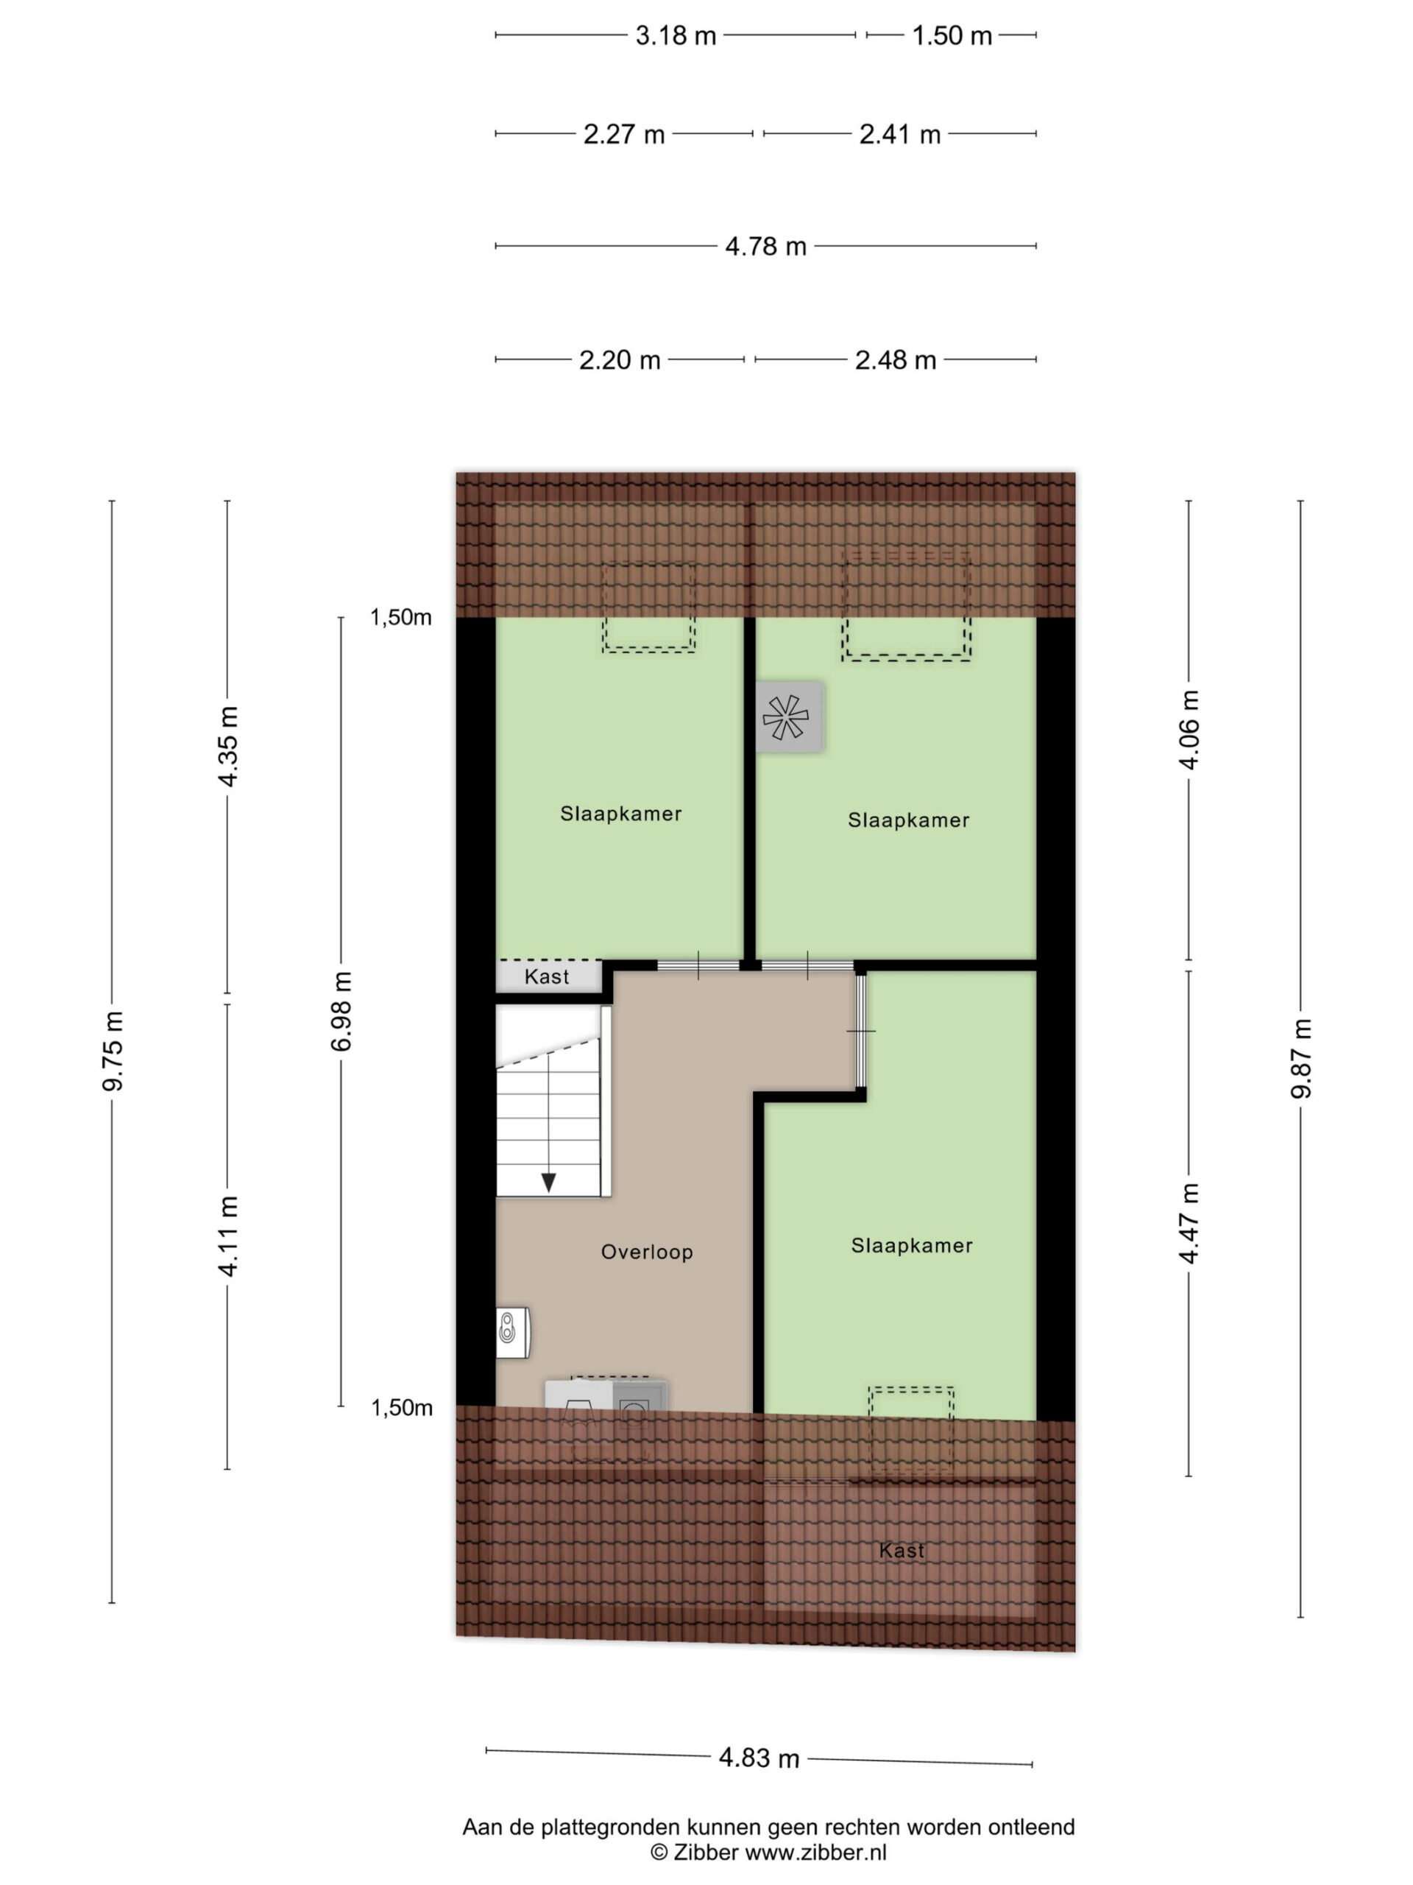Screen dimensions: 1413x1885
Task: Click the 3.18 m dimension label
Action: click(x=675, y=36)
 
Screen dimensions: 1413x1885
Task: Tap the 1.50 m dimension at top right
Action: click(x=952, y=36)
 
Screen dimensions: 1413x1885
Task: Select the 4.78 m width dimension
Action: click(x=765, y=246)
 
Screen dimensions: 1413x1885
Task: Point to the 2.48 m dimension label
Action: click(x=895, y=359)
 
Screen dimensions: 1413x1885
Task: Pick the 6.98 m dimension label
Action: click(x=341, y=1011)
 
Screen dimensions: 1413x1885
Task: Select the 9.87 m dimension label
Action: click(x=1300, y=1057)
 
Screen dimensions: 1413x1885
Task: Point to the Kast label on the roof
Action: click(x=901, y=1550)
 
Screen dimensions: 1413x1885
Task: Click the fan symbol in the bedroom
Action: click(x=789, y=716)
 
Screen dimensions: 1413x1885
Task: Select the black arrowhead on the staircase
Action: click(x=548, y=1182)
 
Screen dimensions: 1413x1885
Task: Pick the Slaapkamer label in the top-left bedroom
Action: click(x=621, y=814)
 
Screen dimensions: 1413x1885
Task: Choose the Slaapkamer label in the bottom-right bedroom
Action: click(x=911, y=1245)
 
